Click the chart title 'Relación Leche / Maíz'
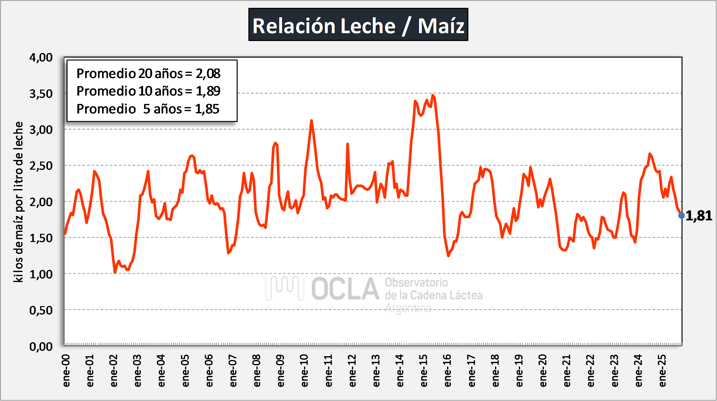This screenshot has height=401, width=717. click(358, 25)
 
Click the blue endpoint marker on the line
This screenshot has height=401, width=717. click(681, 215)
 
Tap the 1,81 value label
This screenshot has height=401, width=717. click(699, 216)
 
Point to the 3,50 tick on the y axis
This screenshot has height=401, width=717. click(41, 94)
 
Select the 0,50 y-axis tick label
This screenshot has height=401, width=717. click(41, 310)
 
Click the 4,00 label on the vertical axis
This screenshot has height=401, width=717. click(41, 58)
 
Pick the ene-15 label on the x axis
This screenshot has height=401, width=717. click(423, 371)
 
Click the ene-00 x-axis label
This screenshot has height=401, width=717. click(66, 371)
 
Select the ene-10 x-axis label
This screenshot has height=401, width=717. click(304, 371)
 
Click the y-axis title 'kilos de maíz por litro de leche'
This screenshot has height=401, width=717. click(18, 202)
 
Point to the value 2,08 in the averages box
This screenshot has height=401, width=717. click(208, 74)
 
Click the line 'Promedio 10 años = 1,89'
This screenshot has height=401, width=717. click(148, 91)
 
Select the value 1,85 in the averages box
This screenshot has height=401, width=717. click(207, 109)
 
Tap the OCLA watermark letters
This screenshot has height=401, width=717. click(345, 289)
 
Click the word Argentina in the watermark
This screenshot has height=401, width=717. click(408, 308)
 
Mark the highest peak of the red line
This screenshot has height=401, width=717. click(433, 95)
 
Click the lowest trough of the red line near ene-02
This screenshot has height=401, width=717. click(115, 273)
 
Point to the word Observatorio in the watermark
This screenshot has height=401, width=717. click(416, 282)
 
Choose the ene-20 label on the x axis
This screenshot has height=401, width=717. click(543, 371)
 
